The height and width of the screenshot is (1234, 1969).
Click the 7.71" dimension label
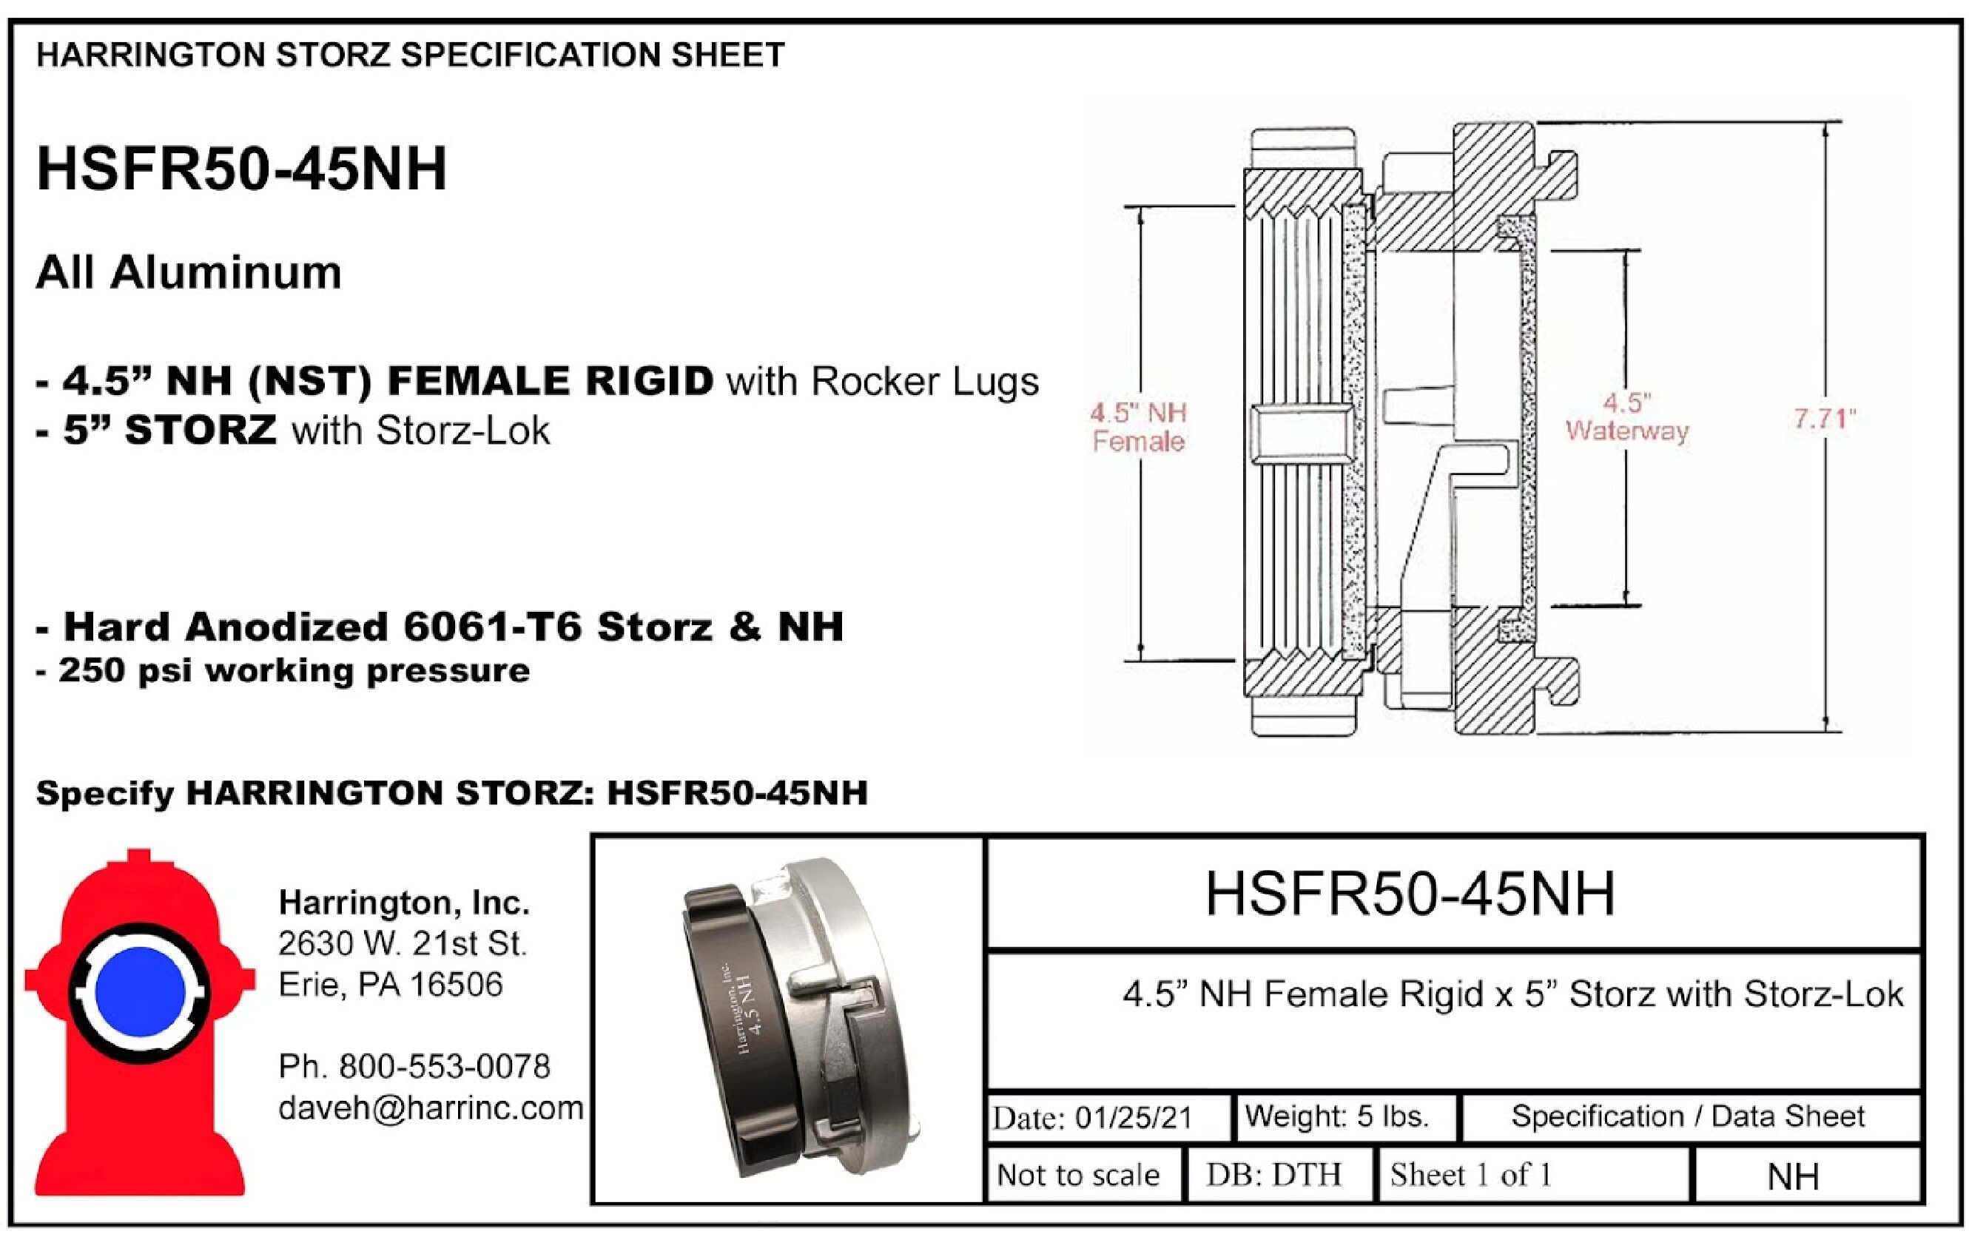pos(1825,419)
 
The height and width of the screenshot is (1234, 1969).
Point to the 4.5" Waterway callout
pos(1627,417)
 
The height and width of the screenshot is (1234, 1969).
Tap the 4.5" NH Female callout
pos(1138,427)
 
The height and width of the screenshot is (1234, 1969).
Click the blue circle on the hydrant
pos(141,991)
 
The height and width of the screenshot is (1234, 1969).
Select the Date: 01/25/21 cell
pos(1108,1116)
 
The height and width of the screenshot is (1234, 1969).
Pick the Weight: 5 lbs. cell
pos(1345,1116)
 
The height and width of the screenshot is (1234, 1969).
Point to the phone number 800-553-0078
pos(445,1067)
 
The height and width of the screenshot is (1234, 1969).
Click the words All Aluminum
pos(189,272)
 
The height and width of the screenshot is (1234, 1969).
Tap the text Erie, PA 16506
pos(391,985)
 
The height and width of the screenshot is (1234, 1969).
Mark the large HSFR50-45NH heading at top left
pos(242,169)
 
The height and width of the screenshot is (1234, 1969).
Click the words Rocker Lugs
pos(926,382)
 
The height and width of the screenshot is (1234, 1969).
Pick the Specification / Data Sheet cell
pos(1688,1116)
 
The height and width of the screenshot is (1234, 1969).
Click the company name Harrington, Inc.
pos(404,903)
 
